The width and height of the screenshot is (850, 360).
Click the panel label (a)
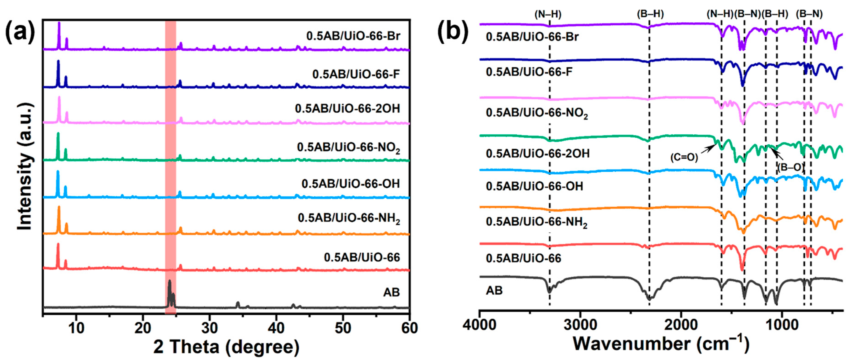(20, 31)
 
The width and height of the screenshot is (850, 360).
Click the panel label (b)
(453, 31)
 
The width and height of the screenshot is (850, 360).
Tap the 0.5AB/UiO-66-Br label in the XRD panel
(353, 36)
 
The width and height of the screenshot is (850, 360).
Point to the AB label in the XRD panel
(391, 292)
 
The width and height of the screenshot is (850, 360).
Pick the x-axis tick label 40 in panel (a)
(276, 328)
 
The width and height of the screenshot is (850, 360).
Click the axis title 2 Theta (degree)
(226, 347)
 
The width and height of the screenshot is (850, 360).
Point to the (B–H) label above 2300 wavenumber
(650, 14)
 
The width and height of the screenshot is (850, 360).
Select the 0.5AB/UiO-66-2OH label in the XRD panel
(347, 108)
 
